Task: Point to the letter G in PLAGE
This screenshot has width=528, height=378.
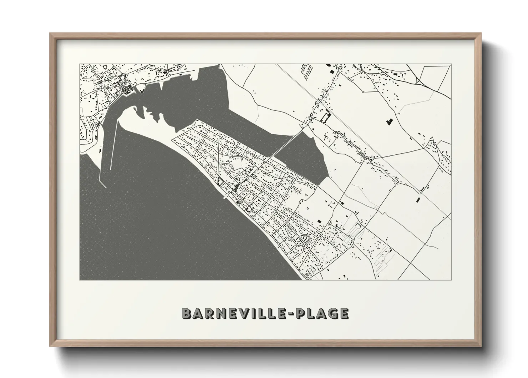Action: (332, 313)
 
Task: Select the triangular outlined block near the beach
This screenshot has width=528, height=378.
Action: (220, 182)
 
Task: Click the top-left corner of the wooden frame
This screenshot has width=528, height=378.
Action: (50, 34)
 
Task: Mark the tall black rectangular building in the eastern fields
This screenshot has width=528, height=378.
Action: (418, 200)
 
